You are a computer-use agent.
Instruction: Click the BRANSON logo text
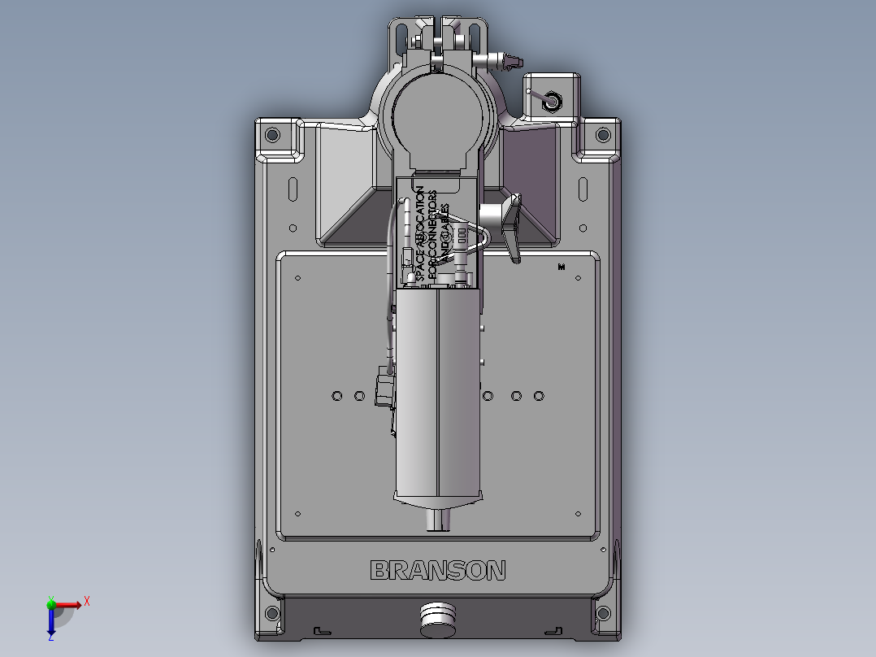(437, 571)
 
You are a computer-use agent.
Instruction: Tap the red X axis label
(86, 601)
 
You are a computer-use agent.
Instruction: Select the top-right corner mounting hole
(602, 134)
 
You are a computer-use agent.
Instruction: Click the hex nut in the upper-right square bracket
(552, 101)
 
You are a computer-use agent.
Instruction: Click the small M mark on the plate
(561, 267)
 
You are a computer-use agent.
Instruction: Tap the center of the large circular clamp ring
(437, 114)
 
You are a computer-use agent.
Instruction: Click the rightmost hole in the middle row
(539, 396)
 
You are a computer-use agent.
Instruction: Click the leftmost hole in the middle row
(337, 396)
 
